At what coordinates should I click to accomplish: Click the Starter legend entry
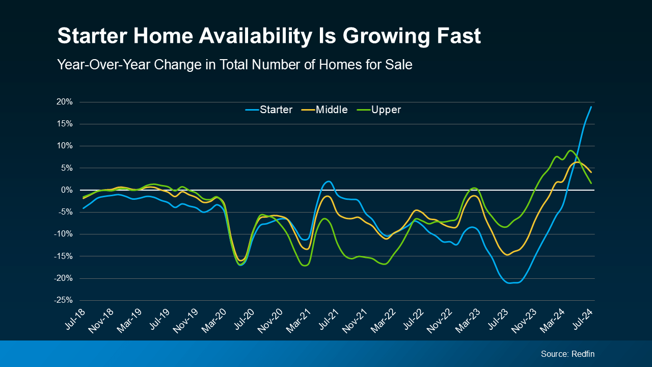pos(276,110)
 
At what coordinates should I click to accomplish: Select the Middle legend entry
pos(331,110)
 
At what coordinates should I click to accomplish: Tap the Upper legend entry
pos(386,110)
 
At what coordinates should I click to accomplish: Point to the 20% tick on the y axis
pos(64,102)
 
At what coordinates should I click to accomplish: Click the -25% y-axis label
pos(63,300)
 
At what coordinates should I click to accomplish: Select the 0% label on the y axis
pos(66,190)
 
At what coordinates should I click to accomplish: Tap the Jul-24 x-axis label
pos(584,320)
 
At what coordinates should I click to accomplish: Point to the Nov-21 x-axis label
pos(356,320)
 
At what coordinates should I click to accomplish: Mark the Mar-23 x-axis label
pos(470,320)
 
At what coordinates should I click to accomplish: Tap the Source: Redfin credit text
pos(567,354)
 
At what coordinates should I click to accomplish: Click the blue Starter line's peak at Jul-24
pos(591,107)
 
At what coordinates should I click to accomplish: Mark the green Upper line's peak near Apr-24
pos(570,151)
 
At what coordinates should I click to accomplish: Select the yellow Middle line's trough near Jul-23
pos(507,254)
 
